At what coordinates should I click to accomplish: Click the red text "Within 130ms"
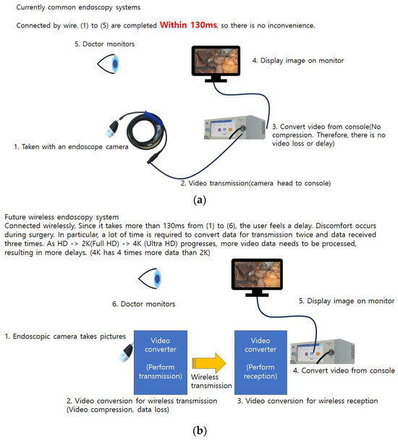tap(188, 25)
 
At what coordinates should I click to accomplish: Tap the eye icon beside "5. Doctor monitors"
tap(109, 64)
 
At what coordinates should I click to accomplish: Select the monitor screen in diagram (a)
tap(216, 61)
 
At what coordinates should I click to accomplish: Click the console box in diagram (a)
tap(234, 127)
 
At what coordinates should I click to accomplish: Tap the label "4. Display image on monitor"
tap(298, 61)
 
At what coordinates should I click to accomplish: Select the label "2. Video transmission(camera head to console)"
tap(255, 183)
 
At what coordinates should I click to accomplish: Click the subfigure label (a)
tap(200, 200)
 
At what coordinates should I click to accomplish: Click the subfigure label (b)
tap(200, 430)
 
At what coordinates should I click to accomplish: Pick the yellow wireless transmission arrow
tap(209, 363)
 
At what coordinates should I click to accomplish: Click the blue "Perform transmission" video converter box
tap(161, 363)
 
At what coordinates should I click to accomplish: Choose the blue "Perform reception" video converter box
tap(261, 363)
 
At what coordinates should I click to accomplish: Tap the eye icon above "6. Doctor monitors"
tap(151, 279)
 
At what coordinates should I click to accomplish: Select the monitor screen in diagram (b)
tap(257, 275)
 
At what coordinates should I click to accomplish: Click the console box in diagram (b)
tap(322, 352)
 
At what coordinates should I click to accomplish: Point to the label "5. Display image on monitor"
tap(347, 301)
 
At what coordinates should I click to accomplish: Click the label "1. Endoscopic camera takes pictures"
tap(65, 337)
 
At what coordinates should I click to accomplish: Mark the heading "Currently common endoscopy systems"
tap(78, 7)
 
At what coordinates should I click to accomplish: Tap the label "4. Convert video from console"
tap(344, 371)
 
